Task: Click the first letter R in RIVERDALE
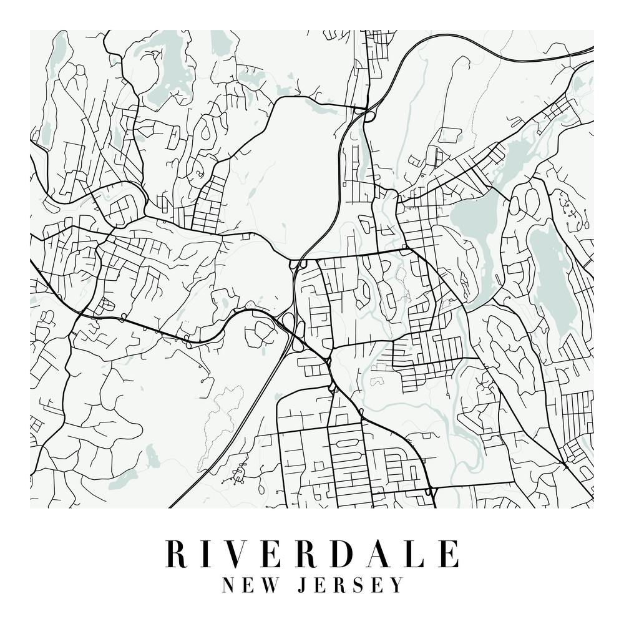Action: tap(177, 553)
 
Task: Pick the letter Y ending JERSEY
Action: tap(397, 585)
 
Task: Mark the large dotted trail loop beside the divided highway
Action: tap(218, 424)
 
